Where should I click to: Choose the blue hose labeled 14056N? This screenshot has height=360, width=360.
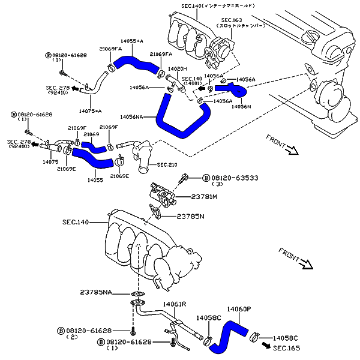click(x=233, y=91)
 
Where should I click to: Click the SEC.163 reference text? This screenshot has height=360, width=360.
click(x=232, y=20)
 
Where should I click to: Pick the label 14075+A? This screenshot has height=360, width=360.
click(x=90, y=111)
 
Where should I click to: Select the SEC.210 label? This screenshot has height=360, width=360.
click(x=169, y=164)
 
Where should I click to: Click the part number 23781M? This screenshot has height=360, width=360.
click(x=204, y=196)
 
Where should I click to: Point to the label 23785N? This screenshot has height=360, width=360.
click(x=191, y=216)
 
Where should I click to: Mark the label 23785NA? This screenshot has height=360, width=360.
click(x=96, y=292)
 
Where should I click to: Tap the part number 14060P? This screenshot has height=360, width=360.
click(x=239, y=309)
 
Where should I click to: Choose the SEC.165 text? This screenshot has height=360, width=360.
click(x=286, y=347)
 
